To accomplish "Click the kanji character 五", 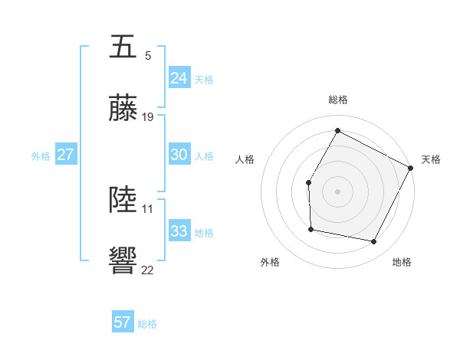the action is (x=123, y=47).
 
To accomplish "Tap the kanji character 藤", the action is (x=123, y=110).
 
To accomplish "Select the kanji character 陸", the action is (x=123, y=201).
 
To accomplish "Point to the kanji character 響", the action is (x=123, y=262).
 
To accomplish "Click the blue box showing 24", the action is (x=179, y=78).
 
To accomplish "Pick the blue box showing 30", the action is (x=179, y=155).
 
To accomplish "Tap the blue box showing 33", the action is (x=179, y=231).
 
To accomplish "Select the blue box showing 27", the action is (x=65, y=155).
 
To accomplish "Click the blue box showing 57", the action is (x=122, y=322).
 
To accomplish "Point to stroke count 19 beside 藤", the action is (x=148, y=117).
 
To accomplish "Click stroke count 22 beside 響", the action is (x=148, y=270).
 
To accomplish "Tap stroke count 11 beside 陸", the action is (x=148, y=208).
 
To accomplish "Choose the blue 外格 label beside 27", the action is (x=41, y=156).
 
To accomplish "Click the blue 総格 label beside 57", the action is (x=147, y=324).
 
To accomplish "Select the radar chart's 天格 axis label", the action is (x=431, y=159).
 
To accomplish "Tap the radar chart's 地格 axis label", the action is (x=402, y=262).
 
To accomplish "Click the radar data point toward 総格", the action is (x=337, y=130).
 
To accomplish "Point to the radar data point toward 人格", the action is (x=308, y=182).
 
